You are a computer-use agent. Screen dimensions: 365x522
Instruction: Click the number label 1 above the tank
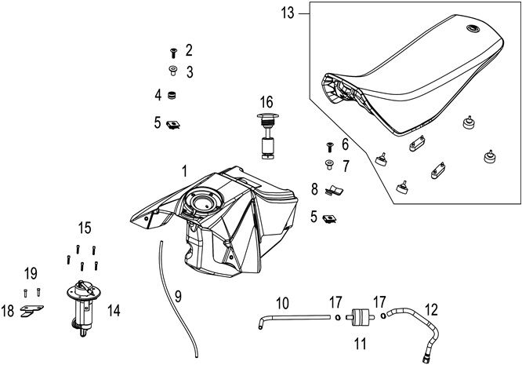pyautogui.click(x=184, y=170)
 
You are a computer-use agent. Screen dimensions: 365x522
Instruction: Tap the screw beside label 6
pyautogui.click(x=330, y=146)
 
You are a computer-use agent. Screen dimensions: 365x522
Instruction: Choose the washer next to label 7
pyautogui.click(x=329, y=165)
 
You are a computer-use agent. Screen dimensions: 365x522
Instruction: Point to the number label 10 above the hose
pyautogui.click(x=282, y=302)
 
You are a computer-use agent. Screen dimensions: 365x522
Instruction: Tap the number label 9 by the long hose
pyautogui.click(x=178, y=297)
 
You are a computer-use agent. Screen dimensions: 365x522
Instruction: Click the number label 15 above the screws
pyautogui.click(x=85, y=228)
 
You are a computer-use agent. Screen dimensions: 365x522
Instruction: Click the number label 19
pyautogui.click(x=31, y=273)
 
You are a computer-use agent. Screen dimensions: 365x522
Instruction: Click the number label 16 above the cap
pyautogui.click(x=266, y=102)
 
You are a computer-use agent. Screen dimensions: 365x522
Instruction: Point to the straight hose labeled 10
pyautogui.click(x=294, y=317)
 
